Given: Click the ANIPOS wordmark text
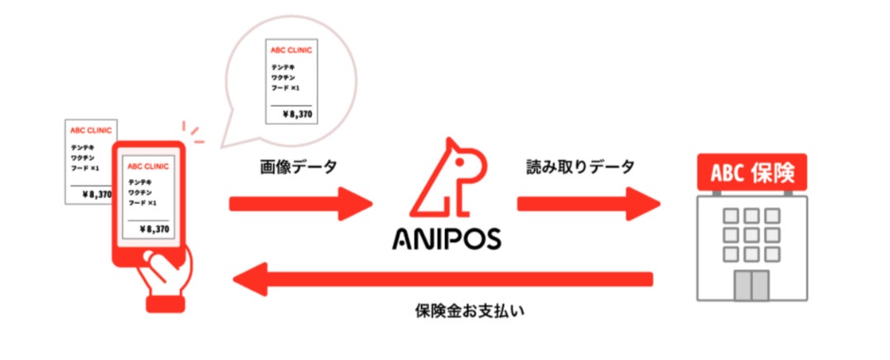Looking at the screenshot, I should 446,239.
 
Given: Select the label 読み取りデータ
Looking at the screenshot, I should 581,168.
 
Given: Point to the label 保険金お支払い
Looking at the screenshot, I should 471,313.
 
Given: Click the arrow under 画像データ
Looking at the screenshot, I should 301,203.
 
